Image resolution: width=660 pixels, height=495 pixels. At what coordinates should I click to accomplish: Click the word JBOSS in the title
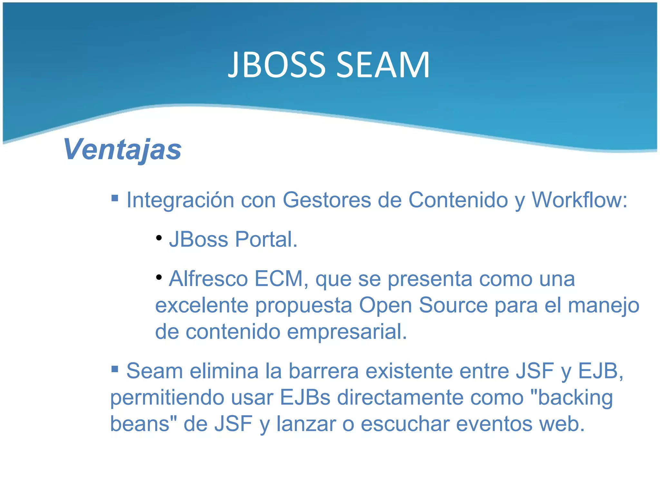tap(277, 65)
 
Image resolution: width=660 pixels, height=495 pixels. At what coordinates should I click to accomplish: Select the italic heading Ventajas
tap(122, 149)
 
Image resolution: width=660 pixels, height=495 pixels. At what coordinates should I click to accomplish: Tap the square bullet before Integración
tap(115, 197)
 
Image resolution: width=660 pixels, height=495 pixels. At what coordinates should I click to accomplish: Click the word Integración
tap(180, 200)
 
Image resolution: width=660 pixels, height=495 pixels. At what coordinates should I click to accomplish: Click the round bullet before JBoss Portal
tap(159, 238)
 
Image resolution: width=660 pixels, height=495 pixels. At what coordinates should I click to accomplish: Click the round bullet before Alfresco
tap(159, 277)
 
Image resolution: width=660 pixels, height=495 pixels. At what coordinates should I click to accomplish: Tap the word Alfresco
tap(208, 279)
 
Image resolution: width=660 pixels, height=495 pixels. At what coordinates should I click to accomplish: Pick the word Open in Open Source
tap(385, 306)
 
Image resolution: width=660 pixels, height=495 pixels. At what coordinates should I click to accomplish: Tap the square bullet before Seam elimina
tap(115, 368)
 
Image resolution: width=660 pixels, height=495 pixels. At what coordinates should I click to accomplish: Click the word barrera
tap(323, 371)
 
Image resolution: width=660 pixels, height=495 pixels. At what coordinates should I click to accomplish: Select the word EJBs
tap(305, 397)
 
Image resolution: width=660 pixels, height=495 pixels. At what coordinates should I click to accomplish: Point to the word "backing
tap(571, 397)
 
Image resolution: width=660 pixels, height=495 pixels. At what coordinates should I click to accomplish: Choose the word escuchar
tap(405, 424)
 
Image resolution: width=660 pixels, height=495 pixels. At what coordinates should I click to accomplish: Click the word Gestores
tap(327, 200)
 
